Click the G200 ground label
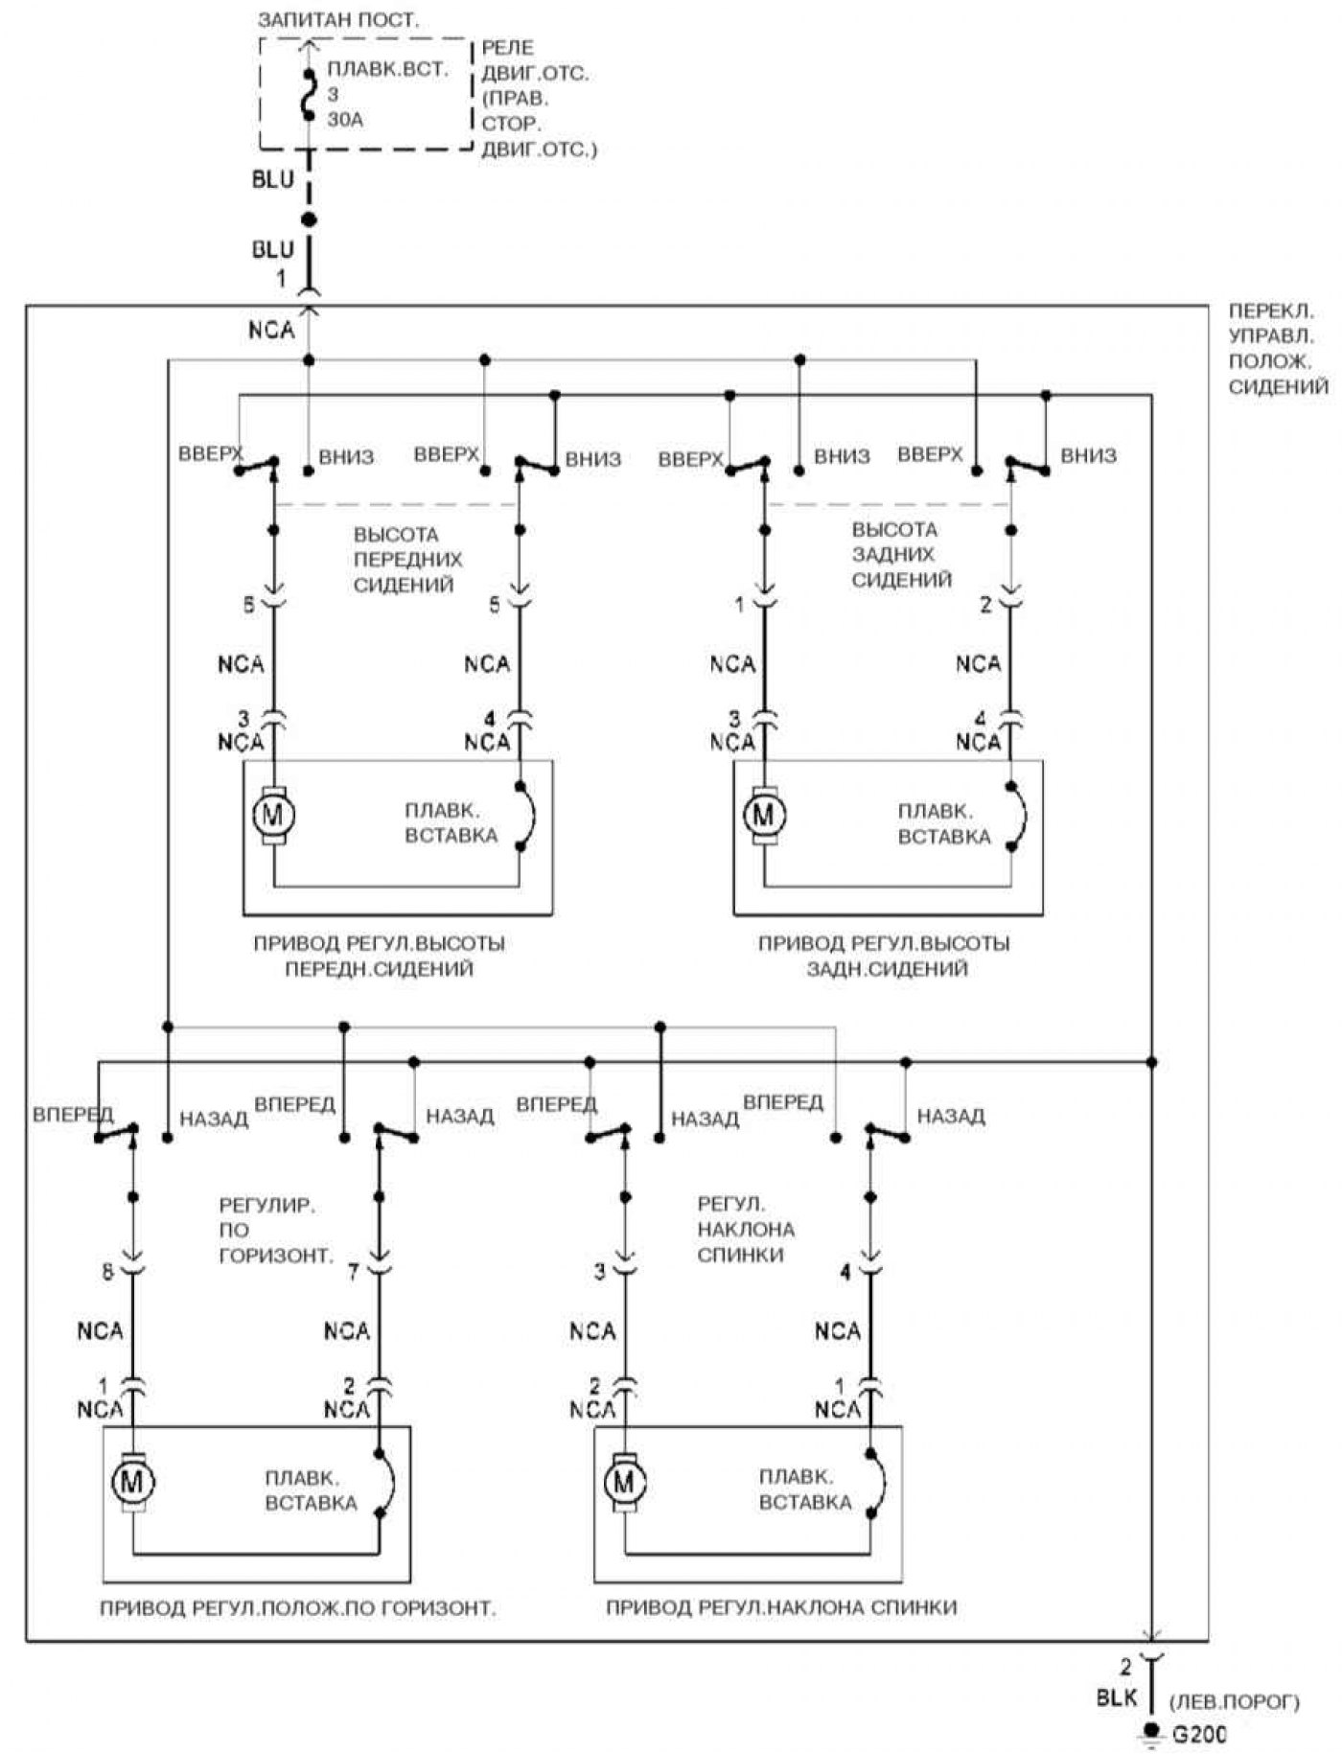coord(1199,1734)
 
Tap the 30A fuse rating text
coord(345,120)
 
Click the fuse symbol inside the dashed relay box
coord(308,95)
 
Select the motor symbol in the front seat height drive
coord(273,815)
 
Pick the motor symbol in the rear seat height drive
coord(764,815)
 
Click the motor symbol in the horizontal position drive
coord(132,1482)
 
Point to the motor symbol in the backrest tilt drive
coord(624,1482)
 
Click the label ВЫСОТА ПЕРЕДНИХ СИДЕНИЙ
coord(408,560)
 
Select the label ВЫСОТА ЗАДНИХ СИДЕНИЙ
coord(902,555)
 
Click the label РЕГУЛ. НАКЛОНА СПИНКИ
coord(746,1229)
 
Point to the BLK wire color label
coord(1116,1697)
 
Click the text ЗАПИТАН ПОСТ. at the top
coord(338,19)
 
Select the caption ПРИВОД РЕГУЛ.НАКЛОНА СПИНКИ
coord(781,1607)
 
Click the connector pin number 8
coord(107,1272)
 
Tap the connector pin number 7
coord(354,1272)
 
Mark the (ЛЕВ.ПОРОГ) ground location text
coord(1235,1702)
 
